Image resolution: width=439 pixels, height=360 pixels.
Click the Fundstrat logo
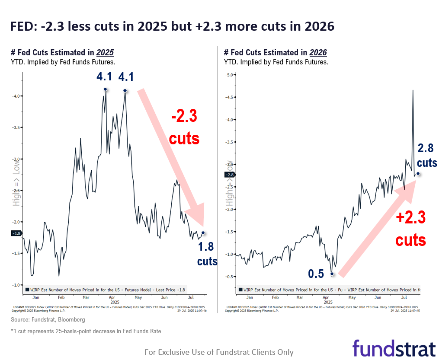tap(394, 348)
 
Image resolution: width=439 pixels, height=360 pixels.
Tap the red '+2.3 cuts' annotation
tap(410, 227)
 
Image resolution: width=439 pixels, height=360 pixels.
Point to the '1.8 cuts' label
tap(206, 254)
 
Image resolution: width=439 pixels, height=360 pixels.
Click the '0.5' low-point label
tap(315, 274)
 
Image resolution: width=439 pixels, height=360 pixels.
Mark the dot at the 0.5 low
tap(332, 274)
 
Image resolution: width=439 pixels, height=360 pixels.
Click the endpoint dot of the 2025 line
tap(203, 233)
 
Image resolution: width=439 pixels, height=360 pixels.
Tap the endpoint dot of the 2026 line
tap(418, 174)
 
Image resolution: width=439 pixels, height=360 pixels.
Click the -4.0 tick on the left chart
tap(16, 96)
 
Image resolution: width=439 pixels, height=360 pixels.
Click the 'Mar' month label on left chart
tap(86, 298)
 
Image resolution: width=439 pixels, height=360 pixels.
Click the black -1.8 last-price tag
tap(16, 233)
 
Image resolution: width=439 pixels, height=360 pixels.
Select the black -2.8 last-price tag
tap(229, 175)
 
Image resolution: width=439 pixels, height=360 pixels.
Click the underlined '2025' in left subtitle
tap(105, 53)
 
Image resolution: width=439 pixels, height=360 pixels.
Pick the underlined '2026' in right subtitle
tap(318, 53)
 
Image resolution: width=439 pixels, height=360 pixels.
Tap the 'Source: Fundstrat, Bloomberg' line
tap(48, 319)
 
